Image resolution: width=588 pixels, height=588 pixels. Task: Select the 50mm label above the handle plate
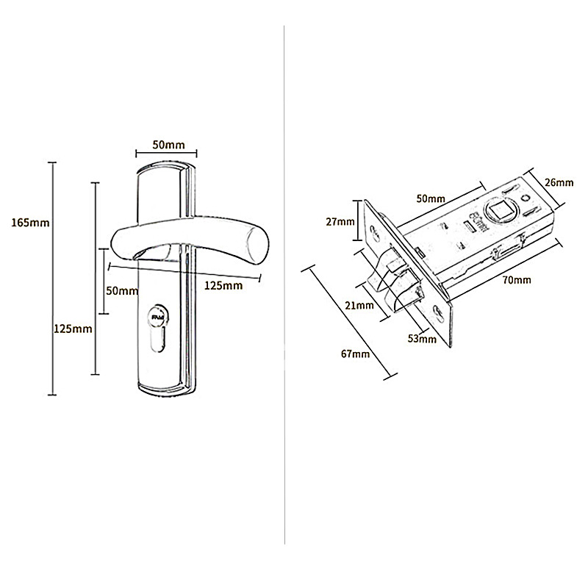pos(168,144)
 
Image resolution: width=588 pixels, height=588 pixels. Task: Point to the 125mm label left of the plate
pos(73,329)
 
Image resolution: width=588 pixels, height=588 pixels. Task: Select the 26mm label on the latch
pos(561,182)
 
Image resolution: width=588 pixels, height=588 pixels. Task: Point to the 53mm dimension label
pos(419,339)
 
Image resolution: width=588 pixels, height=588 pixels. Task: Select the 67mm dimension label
pos(356,354)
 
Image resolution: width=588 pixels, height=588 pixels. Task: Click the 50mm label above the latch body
pos(430,198)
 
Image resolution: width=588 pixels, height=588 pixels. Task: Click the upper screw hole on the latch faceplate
pos(377,233)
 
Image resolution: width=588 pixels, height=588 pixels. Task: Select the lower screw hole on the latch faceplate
pos(439,314)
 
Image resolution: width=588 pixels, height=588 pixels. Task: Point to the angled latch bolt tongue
pos(401,287)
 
